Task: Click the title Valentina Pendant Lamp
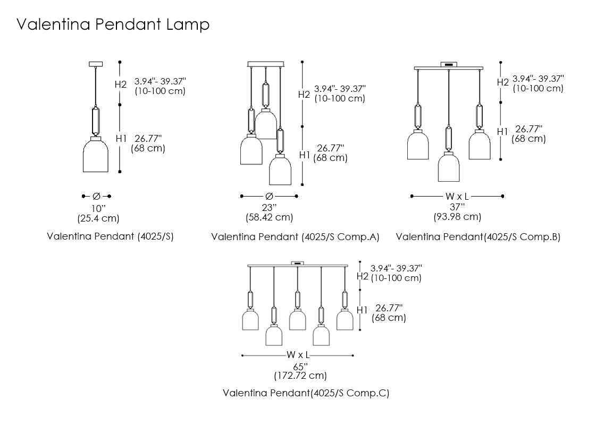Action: (113, 24)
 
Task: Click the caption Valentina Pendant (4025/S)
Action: (110, 236)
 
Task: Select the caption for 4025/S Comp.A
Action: (295, 237)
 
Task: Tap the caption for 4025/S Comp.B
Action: (478, 237)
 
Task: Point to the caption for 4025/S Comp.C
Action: (306, 393)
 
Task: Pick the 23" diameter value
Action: (269, 207)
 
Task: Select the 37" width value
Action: (457, 207)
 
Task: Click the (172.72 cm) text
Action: (300, 376)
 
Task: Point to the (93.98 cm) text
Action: (457, 217)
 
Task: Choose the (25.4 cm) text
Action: (98, 218)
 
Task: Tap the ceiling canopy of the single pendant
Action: (96, 64)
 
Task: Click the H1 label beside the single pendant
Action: (121, 139)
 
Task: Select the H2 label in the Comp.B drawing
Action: (503, 82)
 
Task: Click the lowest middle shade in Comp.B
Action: (449, 167)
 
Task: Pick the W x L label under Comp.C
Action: (298, 355)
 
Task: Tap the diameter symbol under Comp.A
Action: (269, 196)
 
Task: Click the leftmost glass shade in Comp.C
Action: (250, 320)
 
